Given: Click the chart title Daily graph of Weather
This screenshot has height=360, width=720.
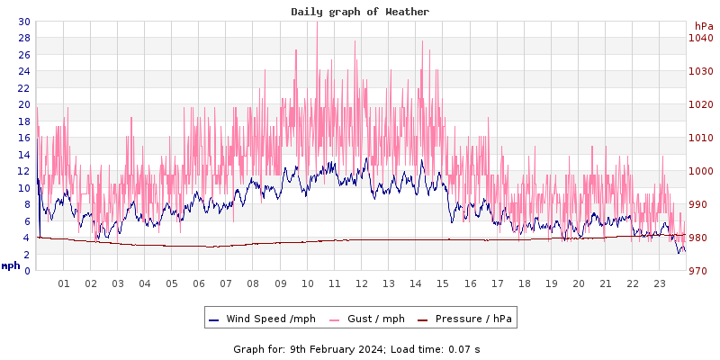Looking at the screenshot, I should [360, 12].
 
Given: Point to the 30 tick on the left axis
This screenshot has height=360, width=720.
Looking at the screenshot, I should [23, 22].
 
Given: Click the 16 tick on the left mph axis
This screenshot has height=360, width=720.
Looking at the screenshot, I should [23, 138].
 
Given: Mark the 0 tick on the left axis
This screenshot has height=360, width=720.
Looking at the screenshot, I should [27, 271].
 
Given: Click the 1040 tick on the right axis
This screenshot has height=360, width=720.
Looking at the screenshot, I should [701, 38].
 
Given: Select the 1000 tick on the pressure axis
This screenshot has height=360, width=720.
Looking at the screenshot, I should [701, 171].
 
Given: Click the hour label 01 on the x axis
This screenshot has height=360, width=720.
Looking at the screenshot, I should [64, 284].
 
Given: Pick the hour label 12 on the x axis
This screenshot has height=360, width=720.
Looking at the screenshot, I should [362, 284].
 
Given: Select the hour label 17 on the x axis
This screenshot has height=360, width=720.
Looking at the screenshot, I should [497, 284].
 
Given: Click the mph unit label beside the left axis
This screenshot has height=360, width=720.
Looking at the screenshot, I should [11, 265].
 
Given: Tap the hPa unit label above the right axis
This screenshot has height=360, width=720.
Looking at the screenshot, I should [704, 26].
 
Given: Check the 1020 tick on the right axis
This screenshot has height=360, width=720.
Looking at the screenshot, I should [701, 104].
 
